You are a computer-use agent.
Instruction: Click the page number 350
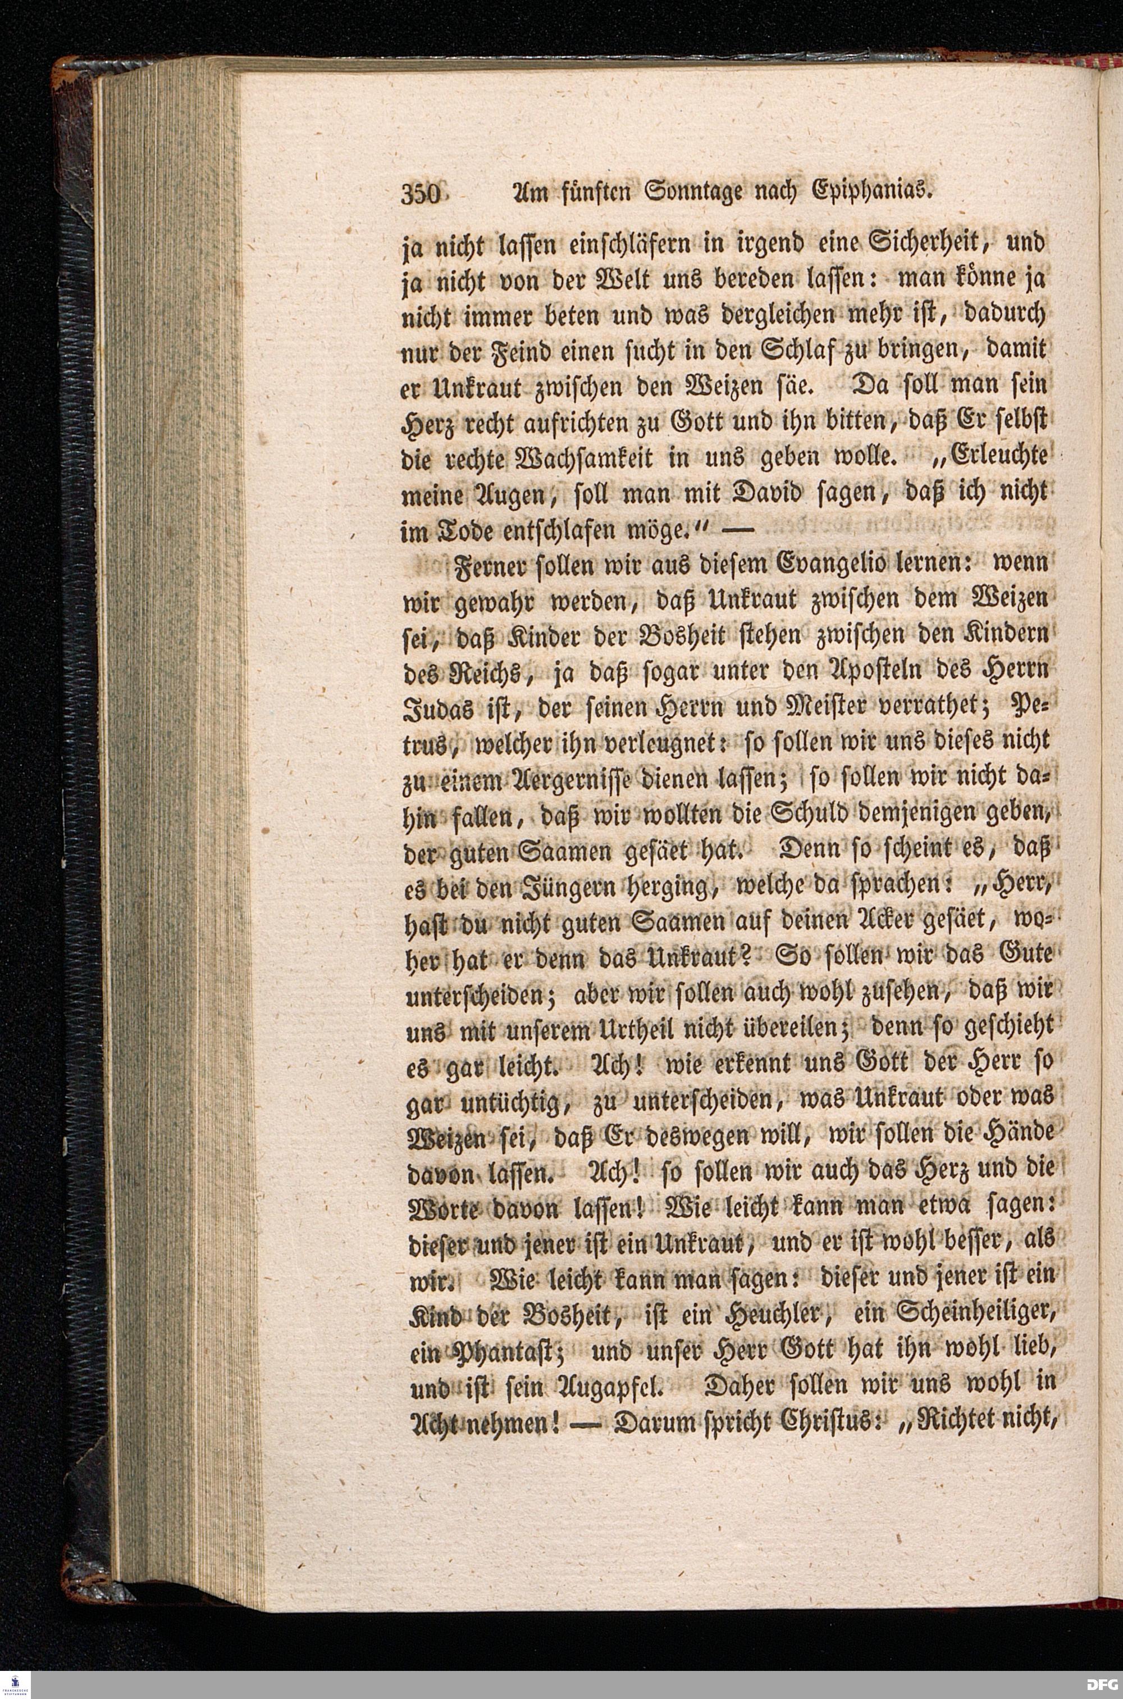[x=423, y=195]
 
